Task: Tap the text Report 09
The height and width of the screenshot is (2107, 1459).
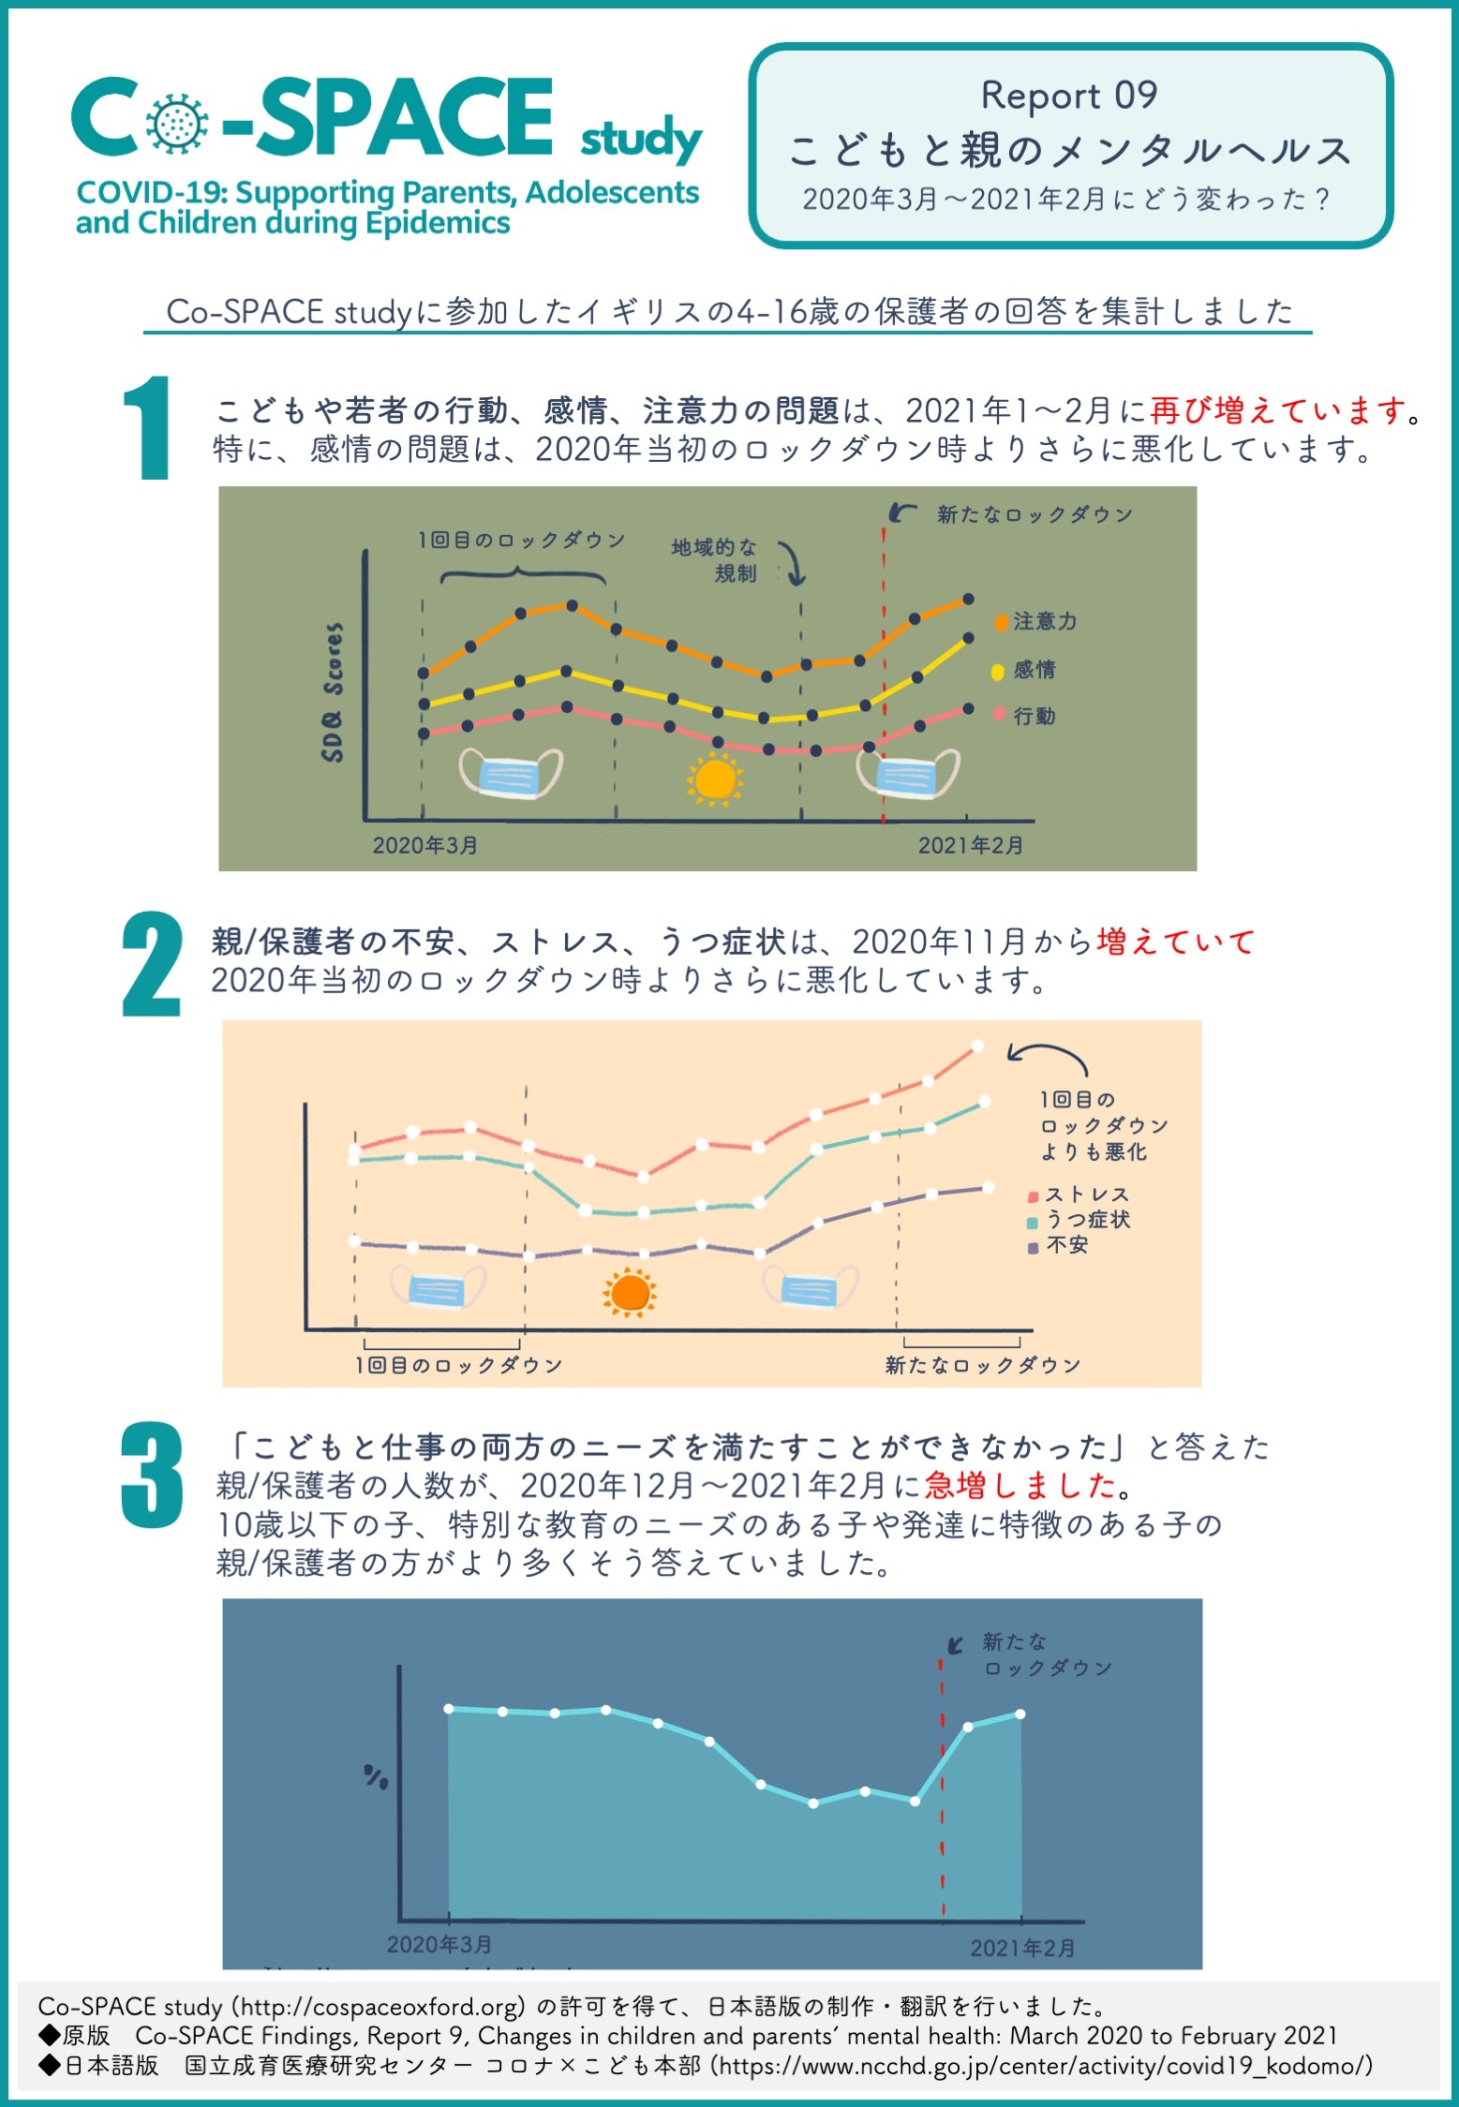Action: click(1069, 96)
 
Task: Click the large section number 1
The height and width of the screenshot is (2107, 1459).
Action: click(147, 428)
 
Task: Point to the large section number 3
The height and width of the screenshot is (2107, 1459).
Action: click(152, 1476)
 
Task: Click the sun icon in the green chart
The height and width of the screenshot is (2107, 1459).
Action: click(715, 780)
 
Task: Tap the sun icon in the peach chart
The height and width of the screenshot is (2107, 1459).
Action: click(630, 1293)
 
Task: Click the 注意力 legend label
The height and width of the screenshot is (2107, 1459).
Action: click(1045, 621)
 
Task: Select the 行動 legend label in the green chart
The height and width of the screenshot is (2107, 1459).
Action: click(1035, 716)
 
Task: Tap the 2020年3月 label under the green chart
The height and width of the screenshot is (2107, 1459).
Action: click(425, 845)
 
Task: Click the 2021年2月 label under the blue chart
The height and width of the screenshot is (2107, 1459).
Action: click(1022, 1949)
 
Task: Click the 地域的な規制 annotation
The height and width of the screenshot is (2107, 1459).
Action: click(715, 560)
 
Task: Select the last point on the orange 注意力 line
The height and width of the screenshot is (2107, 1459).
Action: click(968, 599)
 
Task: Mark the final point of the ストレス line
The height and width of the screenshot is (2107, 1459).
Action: click(977, 1046)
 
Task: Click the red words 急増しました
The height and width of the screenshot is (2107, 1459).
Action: click(1020, 1485)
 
